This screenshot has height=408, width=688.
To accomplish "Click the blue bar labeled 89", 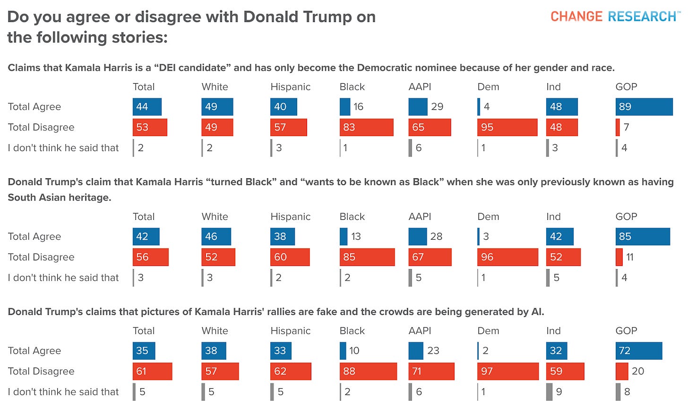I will pos(644,107).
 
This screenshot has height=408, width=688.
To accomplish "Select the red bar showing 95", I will pos(507,127).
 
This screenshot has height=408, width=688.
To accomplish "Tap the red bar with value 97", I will pos(508,371).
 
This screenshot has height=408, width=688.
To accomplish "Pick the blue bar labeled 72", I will pos(638,351).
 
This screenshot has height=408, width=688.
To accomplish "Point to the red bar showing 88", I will pos(368,371).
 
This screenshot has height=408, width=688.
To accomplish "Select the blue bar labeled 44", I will pos(147,107).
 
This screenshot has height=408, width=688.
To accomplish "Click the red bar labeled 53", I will pos(150,127).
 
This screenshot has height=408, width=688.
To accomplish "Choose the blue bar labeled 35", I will pos(144,351).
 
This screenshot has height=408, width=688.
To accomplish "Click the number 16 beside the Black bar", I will pos(358,107).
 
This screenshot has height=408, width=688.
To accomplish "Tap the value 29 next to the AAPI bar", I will pos(437,107).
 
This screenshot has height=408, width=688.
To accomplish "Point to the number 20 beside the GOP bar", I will pos(637,371).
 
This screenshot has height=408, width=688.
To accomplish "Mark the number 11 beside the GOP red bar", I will pos(630,257).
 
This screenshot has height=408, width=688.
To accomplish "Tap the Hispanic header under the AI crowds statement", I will pos(290,331).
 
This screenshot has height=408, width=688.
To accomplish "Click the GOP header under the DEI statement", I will pos(626,87).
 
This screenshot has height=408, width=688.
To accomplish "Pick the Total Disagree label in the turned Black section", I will pos(41,257).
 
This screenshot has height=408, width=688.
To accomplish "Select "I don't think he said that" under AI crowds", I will pos(63,392).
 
